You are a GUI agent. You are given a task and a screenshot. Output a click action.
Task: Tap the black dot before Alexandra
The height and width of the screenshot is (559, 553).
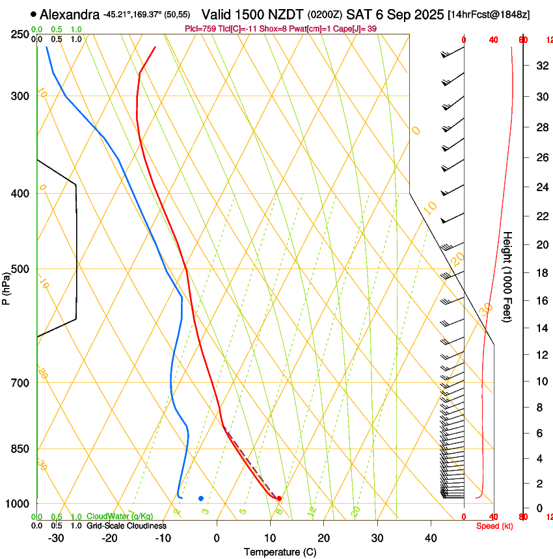[x=33, y=14]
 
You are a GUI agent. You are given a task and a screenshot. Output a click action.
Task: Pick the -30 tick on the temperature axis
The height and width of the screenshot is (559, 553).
[x=56, y=538]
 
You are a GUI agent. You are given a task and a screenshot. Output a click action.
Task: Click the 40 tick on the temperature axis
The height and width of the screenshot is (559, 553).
[x=431, y=538]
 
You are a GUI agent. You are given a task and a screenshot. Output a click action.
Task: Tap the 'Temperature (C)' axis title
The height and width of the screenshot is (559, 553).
[x=280, y=552]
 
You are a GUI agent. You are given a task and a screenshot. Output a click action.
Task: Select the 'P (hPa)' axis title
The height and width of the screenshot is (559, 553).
[x=6, y=287]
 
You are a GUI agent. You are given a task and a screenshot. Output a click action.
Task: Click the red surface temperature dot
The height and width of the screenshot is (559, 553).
[x=279, y=499]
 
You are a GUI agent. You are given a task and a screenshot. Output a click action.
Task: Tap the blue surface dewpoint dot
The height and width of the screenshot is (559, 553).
[x=201, y=499]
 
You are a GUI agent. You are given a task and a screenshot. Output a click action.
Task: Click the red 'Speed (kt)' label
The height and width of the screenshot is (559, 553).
[x=494, y=526]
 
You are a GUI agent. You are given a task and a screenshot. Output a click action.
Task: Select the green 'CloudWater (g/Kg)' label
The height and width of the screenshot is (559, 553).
[x=120, y=517]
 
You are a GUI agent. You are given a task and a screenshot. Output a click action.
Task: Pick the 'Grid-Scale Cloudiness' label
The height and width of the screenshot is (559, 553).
[x=126, y=526]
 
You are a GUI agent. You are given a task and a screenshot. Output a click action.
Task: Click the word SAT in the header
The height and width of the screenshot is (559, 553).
[x=359, y=14]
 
